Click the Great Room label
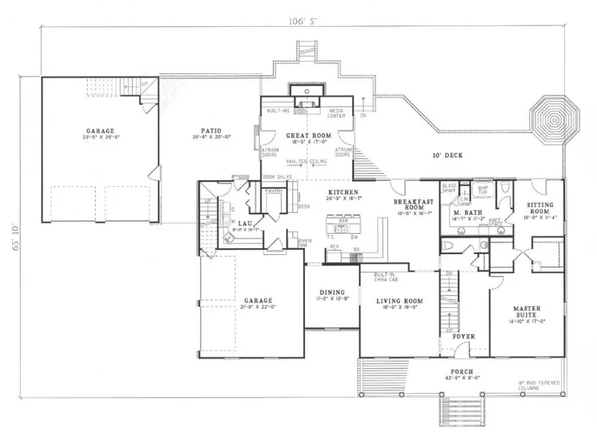pos(308,136)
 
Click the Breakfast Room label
pos(411,204)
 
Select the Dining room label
pos(332,292)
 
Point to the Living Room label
pos(400,301)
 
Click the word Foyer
pos(464,336)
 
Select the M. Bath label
pos(464,214)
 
